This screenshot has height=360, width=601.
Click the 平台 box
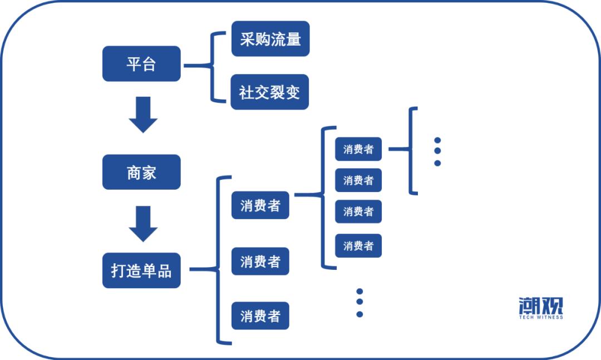pos(141,64)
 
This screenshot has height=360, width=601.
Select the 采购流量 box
pos(270,39)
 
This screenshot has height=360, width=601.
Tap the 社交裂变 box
pos(270,92)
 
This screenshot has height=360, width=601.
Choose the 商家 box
pos(141,172)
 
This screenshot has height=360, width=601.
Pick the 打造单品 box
pos(141,270)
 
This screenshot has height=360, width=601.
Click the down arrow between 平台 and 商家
pos(143,115)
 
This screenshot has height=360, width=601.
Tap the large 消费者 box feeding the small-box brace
pos(260,205)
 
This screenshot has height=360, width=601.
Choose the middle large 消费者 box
pos(260,261)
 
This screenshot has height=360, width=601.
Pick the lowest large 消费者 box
pos(260,316)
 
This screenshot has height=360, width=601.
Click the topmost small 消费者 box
pos(358,149)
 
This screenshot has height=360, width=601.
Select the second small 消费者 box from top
pos(358,180)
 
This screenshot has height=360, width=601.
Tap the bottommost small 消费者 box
pos(358,245)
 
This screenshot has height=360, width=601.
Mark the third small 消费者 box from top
pos(358,211)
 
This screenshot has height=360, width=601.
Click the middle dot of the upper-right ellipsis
pos(437,151)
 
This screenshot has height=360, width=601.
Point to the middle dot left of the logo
pos(359,302)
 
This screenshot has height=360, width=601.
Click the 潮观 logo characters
pos(540,305)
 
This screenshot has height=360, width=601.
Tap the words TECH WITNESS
pos(540,318)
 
